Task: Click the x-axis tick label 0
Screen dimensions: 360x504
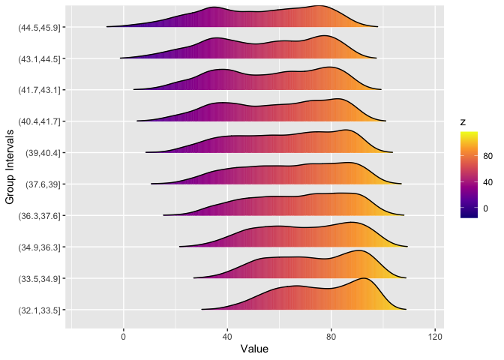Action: pyautogui.click(x=124, y=337)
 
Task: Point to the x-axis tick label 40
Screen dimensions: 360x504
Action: pyautogui.click(x=227, y=337)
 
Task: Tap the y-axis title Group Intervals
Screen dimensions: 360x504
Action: pyautogui.click(x=10, y=167)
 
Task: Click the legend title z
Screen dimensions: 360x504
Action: pyautogui.click(x=464, y=121)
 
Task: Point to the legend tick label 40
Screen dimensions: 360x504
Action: pyautogui.click(x=488, y=182)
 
